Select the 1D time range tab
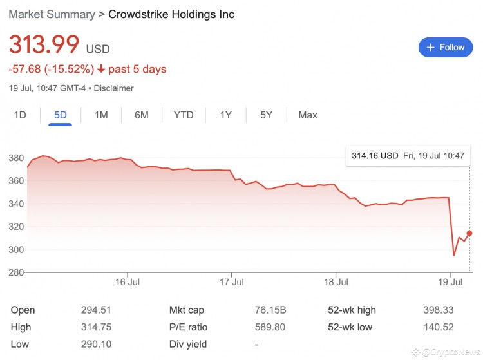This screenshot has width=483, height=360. [x=20, y=115]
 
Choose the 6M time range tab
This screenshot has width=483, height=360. [x=142, y=115]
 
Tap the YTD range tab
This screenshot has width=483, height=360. [x=184, y=115]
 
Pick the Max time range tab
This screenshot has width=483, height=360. [x=308, y=115]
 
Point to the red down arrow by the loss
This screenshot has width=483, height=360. [x=102, y=69]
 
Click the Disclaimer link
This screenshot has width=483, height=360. [x=113, y=88]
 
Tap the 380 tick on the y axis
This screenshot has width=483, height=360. [x=16, y=158]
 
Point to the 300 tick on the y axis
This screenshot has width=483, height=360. [x=16, y=250]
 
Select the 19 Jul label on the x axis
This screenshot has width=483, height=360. [x=450, y=282]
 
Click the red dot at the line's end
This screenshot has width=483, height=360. [x=469, y=233]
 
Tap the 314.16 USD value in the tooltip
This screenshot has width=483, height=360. [x=375, y=155]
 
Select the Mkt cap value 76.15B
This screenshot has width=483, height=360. [x=271, y=310]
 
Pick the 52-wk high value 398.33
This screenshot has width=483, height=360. [x=439, y=310]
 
